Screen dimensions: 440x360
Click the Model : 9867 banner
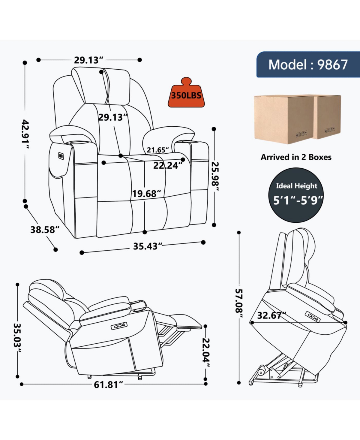coord(308,65)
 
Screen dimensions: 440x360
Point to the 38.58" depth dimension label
coord(45,230)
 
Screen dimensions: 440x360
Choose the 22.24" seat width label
coord(168,165)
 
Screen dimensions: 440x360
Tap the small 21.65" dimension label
coord(158,150)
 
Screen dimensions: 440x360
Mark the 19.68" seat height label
coord(146,194)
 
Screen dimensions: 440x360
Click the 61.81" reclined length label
coord(108,384)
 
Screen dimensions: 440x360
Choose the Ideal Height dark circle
coord(296,195)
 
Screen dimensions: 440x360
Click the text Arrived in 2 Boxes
coord(296,157)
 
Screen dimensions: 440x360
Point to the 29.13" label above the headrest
coord(88,60)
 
